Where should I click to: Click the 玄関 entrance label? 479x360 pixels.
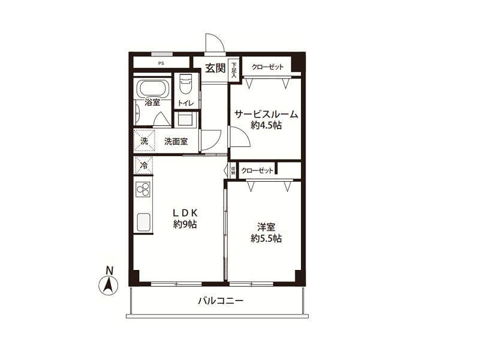(215, 68)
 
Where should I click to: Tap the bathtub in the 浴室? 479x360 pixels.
(152, 88)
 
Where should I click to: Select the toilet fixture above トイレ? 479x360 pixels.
(185, 84)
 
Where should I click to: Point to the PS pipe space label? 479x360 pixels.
(161, 64)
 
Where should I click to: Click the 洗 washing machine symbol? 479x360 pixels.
(144, 140)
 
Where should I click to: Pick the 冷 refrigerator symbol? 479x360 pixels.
(143, 166)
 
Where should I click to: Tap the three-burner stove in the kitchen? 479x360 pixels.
(143, 190)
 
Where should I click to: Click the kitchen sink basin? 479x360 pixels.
(143, 222)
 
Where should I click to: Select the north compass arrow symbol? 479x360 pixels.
(109, 286)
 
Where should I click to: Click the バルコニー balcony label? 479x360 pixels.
(221, 301)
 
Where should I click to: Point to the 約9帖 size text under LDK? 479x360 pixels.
(185, 224)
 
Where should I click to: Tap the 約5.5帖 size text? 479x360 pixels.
(266, 238)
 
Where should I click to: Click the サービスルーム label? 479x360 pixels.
(266, 115)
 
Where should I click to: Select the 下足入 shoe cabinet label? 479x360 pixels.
(234, 70)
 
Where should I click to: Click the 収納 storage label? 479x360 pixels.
(233, 170)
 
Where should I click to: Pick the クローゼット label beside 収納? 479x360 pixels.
(257, 170)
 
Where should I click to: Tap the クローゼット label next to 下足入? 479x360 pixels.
(267, 67)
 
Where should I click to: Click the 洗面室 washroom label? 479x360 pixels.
(176, 142)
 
